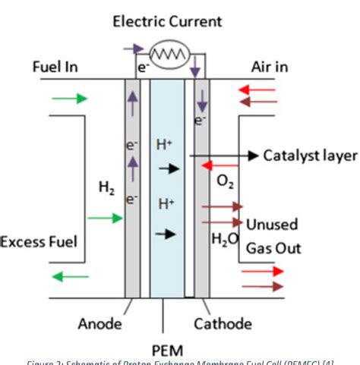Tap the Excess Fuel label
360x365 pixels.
[39, 243]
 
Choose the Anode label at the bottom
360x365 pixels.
[99, 324]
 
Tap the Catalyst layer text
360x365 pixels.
[310, 156]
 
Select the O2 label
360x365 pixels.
[226, 182]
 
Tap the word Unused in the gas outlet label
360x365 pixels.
[272, 225]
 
